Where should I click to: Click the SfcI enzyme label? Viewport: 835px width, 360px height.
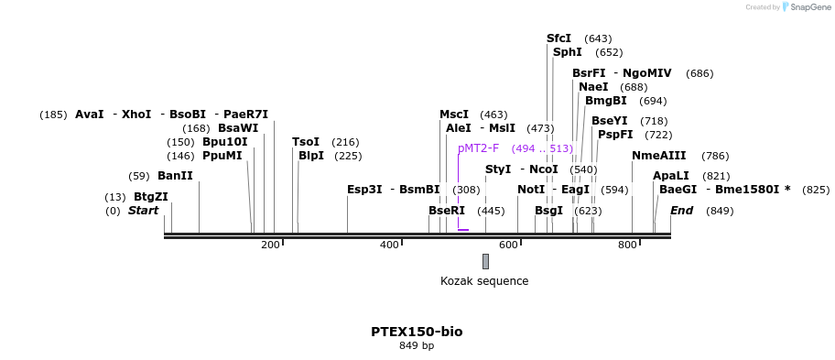(558, 38)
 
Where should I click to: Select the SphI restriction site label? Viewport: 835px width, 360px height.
(567, 52)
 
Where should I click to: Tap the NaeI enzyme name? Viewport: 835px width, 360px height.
(593, 87)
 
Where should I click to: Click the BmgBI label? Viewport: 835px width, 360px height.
(606, 101)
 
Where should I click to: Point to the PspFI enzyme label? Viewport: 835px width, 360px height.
(615, 135)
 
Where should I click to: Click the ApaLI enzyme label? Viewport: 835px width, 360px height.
(671, 176)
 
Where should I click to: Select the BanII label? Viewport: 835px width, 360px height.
(175, 176)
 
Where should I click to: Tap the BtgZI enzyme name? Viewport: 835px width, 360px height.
(151, 197)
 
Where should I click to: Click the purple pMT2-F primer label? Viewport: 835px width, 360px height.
(479, 148)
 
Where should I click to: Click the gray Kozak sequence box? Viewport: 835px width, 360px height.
(485, 261)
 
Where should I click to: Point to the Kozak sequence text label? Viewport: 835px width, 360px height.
(484, 281)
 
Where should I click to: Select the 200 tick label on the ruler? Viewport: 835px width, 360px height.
(270, 245)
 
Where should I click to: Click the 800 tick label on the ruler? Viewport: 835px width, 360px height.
(627, 245)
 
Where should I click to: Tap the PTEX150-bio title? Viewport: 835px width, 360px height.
(417, 331)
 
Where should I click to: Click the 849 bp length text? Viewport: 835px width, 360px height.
(417, 345)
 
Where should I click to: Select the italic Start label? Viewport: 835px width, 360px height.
(143, 211)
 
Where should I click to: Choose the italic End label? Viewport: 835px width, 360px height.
(681, 211)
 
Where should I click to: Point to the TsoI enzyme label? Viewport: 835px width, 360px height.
(306, 142)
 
